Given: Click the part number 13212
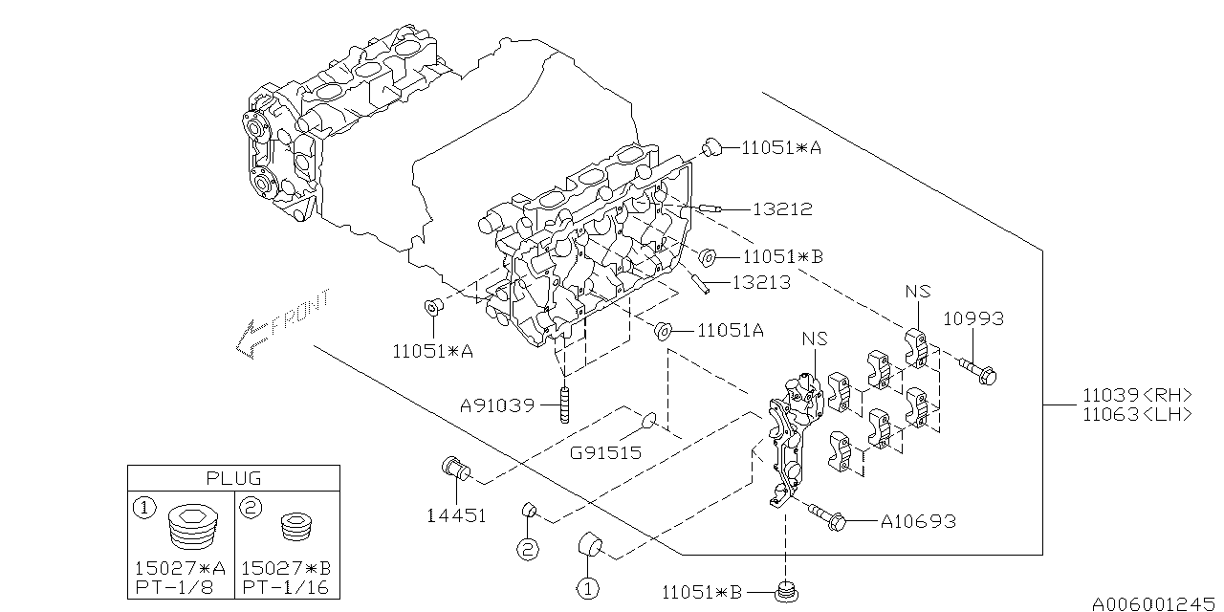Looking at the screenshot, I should tap(781, 208).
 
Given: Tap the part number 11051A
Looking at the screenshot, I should tap(731, 330).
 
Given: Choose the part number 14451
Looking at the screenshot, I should tap(456, 515).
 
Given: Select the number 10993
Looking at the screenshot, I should tap(973, 318).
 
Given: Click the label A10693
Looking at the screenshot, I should tap(917, 521).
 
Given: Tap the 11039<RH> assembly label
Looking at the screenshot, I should tap(1137, 394).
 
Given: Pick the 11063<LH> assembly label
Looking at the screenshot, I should tap(1137, 414).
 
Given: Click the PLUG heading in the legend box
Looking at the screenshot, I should tap(233, 477).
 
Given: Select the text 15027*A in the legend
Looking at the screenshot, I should tap(181, 568).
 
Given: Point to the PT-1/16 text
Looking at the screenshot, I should tap(285, 587).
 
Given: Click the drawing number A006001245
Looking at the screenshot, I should tap(1156, 603).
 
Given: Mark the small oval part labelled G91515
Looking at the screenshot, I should tap(647, 420).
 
